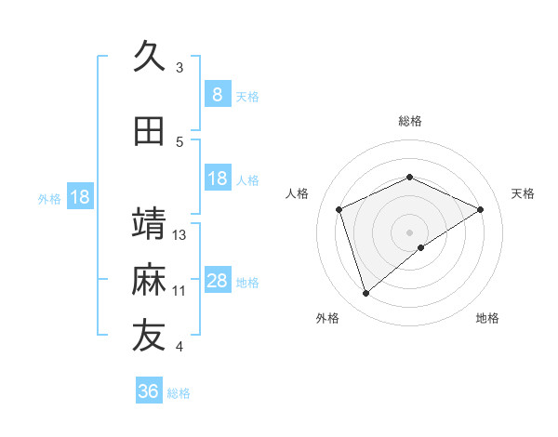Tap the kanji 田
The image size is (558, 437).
(149, 131)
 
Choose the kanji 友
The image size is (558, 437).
(149, 336)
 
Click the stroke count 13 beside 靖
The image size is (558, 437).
(179, 235)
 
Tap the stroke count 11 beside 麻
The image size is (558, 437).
(179, 291)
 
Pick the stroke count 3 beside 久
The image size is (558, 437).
(179, 68)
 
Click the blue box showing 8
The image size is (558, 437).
(217, 94)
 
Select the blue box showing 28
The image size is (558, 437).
(217, 281)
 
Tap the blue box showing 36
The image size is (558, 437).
(148, 391)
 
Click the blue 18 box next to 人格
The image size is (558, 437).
(217, 179)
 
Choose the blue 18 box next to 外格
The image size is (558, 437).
(79, 197)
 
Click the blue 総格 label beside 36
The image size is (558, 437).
(179, 393)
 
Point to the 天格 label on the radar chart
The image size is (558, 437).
(524, 193)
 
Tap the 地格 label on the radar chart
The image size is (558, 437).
(487, 318)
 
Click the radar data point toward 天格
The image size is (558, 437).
(481, 209)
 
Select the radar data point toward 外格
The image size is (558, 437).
(365, 294)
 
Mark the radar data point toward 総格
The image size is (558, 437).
(409, 177)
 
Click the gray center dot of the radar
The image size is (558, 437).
(409, 232)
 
